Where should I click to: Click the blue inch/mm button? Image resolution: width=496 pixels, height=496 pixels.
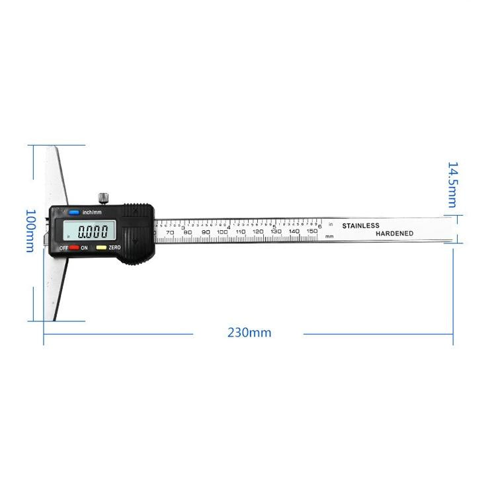73,212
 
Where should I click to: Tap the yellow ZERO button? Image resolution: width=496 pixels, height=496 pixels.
101,247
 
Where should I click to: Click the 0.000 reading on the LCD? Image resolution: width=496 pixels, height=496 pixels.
93,232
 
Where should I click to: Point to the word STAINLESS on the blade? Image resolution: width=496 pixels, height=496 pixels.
360,226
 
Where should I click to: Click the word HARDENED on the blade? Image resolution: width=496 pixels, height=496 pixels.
395,233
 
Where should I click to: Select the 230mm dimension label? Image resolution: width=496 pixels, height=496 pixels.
249,333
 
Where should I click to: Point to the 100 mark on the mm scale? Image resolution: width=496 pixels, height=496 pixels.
222,231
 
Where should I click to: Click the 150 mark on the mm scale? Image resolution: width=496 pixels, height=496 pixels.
312,231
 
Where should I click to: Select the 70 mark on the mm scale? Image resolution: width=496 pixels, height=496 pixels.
170,232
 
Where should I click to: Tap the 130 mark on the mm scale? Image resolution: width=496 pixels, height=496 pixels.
276,231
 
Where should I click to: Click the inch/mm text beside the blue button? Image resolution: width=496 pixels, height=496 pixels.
92,212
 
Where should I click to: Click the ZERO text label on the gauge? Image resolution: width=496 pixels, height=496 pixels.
114,247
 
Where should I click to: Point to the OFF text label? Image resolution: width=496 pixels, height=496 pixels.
63,247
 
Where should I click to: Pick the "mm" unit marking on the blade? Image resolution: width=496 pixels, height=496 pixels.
329,236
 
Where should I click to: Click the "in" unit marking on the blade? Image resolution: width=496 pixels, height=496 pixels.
331,225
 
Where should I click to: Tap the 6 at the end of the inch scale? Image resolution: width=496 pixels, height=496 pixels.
320,226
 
